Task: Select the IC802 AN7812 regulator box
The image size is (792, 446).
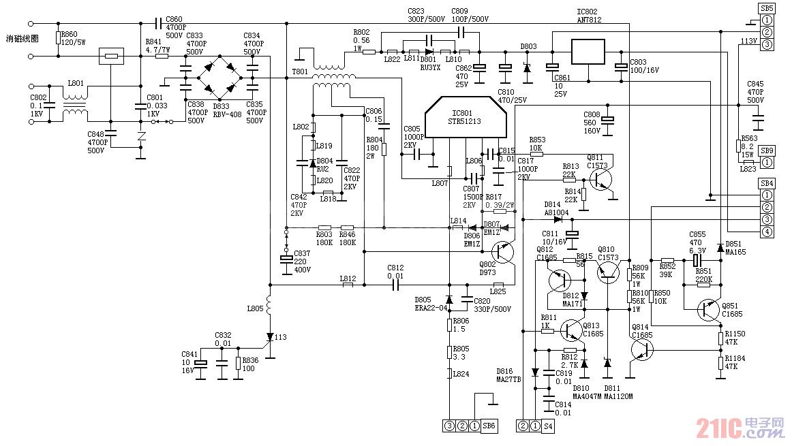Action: [588, 52]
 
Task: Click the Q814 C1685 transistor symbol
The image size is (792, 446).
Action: [641, 349]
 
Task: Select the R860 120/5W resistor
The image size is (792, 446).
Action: [59, 37]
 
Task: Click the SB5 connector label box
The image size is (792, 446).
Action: [767, 8]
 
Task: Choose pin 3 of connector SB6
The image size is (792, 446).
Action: [449, 426]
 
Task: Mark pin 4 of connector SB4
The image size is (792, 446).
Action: [767, 232]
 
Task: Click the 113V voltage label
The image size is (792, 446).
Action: [748, 41]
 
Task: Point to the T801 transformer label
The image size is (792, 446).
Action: [300, 71]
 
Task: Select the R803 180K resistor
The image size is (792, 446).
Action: [325, 228]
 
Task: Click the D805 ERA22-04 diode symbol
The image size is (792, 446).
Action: [448, 300]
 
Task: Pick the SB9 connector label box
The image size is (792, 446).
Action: [767, 150]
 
